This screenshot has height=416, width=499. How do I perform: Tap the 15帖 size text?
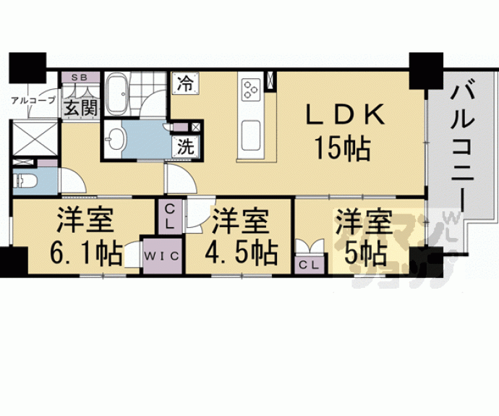pyautogui.click(x=342, y=150)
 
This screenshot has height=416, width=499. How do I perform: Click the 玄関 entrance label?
pyautogui.click(x=79, y=109)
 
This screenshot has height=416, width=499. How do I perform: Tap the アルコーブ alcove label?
pyautogui.click(x=32, y=101)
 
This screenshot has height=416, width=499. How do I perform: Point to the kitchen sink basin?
pyautogui.click(x=251, y=134)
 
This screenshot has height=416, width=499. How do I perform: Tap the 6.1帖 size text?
pyautogui.click(x=85, y=252)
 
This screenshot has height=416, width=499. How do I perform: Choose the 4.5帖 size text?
pyautogui.click(x=242, y=252)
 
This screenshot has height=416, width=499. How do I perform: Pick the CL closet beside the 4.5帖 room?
pyautogui.click(x=169, y=216)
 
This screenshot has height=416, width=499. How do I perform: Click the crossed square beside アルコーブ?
pyautogui.click(x=35, y=137)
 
